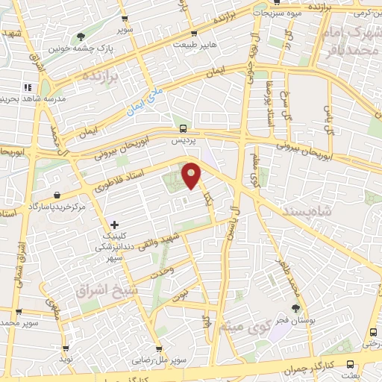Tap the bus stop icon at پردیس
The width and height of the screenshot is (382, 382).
click(184, 128)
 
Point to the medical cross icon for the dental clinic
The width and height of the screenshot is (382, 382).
click(114, 224)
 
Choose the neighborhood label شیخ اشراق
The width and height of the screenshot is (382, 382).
click(103, 289)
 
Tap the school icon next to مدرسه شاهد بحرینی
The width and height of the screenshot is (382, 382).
click(27, 87)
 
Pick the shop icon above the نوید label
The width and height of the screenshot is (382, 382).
click(66, 347)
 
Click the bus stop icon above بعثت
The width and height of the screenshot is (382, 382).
click(372, 333)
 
